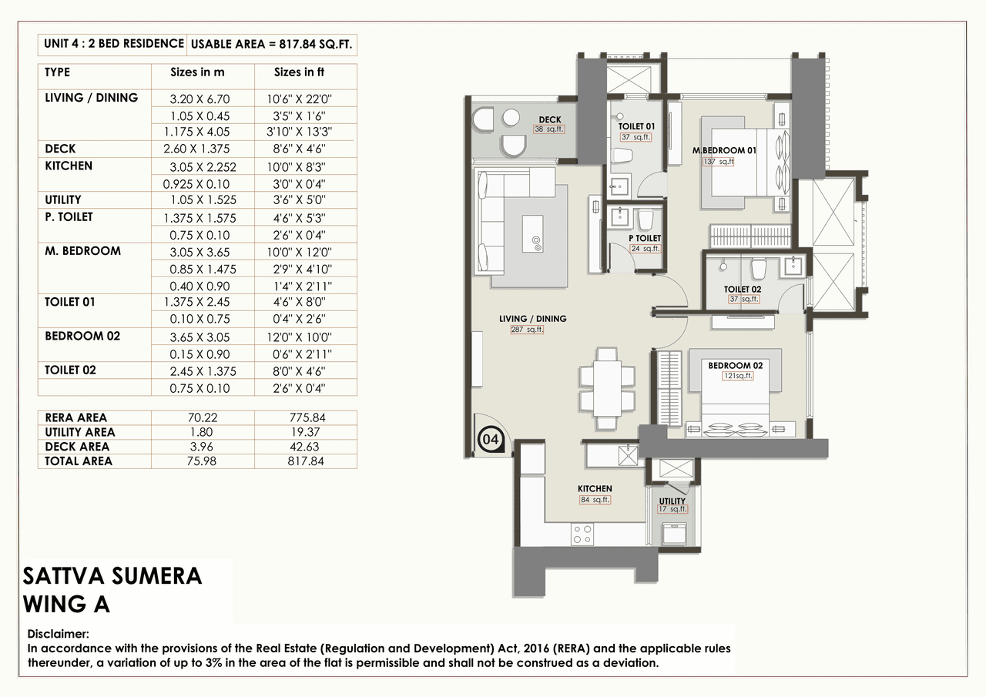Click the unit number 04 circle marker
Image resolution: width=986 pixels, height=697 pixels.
click(488, 440)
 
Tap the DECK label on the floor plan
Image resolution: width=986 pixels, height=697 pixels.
click(549, 119)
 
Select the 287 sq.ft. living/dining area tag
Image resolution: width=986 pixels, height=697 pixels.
click(527, 330)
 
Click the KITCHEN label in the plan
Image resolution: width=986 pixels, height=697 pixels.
click(595, 488)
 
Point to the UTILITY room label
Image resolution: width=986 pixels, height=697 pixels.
click(672, 501)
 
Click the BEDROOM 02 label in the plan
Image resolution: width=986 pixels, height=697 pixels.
click(736, 365)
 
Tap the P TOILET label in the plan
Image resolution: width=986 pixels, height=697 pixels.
click(645, 238)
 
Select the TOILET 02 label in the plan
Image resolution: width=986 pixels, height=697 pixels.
click(743, 290)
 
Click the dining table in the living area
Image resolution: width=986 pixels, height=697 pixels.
click(607, 389)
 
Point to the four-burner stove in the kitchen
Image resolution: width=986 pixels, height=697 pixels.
click(583, 534)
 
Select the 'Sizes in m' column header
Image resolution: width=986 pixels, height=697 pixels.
click(197, 72)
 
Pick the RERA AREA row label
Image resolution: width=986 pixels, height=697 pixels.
click(76, 417)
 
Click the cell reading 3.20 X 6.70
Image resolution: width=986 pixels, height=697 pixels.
click(200, 99)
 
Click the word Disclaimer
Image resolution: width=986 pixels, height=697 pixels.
click(59, 634)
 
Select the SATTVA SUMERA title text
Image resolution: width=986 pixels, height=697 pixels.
click(112, 577)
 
